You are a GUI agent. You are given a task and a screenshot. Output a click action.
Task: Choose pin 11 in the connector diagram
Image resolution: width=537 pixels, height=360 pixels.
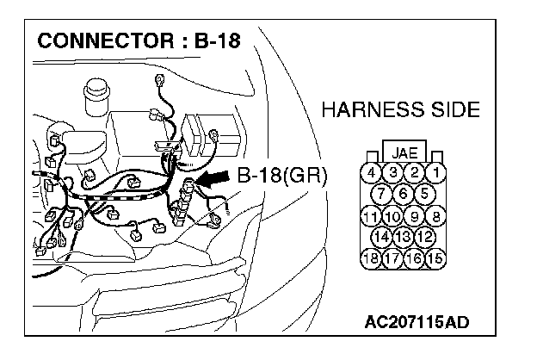371,215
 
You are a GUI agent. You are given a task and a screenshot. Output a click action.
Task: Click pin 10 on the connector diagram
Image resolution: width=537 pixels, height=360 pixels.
392,215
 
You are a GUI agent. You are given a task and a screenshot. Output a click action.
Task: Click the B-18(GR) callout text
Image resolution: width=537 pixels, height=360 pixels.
282,177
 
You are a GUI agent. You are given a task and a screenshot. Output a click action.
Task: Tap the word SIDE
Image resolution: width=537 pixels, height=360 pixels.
451,110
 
